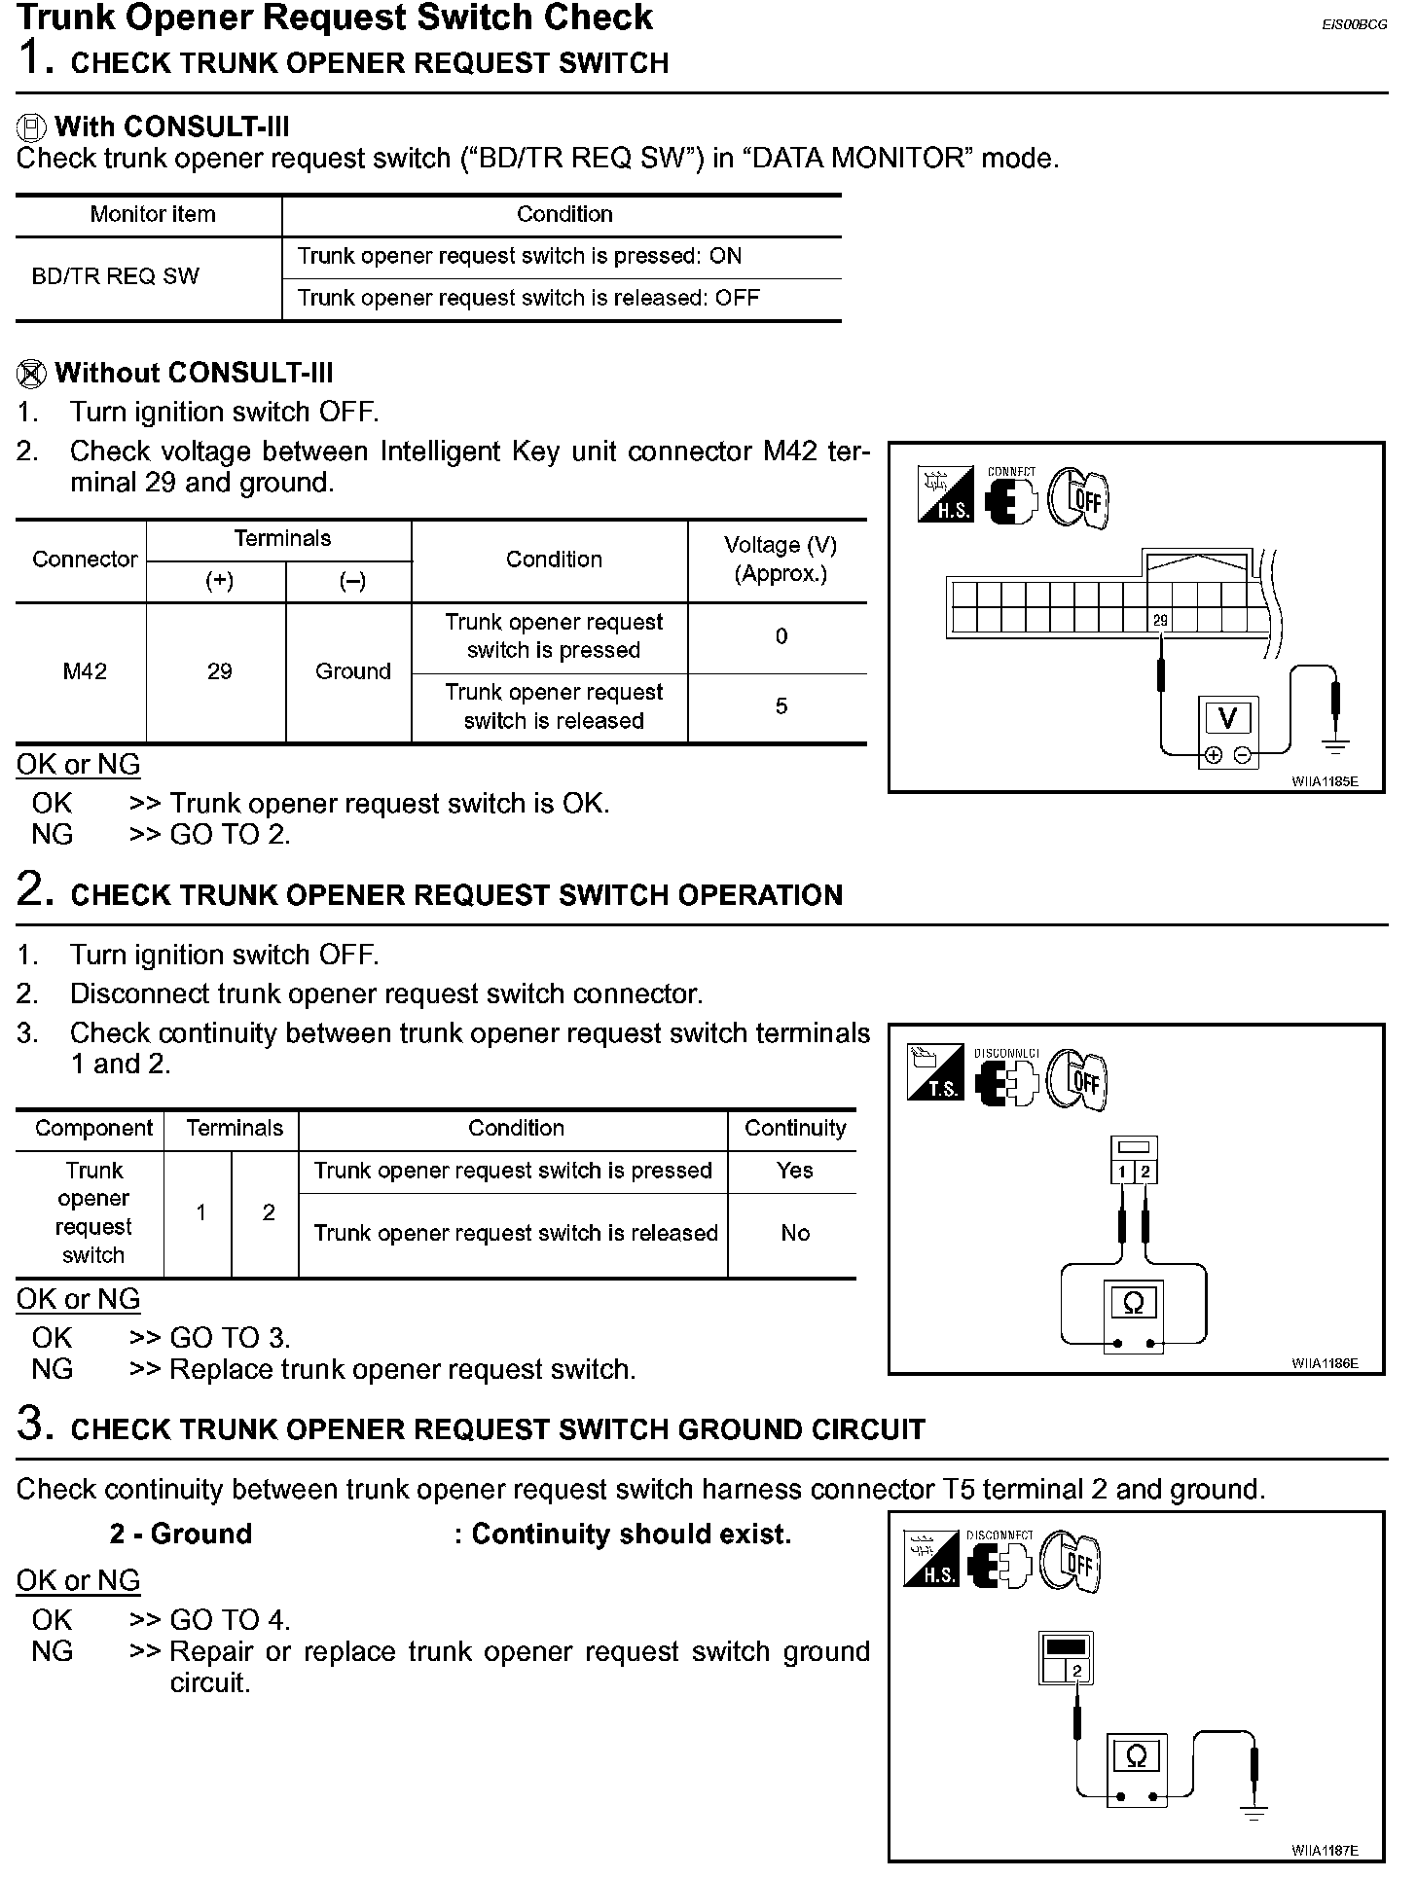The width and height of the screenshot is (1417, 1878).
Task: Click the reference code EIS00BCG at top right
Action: pyautogui.click(x=1354, y=25)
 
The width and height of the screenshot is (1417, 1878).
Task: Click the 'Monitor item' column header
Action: pyautogui.click(x=153, y=214)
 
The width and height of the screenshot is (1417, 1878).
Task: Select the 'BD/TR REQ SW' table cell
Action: pyautogui.click(x=115, y=276)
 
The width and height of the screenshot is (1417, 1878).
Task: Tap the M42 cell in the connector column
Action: pyautogui.click(x=85, y=671)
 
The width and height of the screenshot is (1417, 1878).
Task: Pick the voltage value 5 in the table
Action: pyautogui.click(x=781, y=706)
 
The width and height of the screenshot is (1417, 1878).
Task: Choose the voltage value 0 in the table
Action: pyautogui.click(x=781, y=636)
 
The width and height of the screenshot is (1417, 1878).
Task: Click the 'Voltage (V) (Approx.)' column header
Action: pyautogui.click(x=781, y=560)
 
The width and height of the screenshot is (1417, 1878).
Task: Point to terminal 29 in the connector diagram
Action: pyautogui.click(x=1160, y=620)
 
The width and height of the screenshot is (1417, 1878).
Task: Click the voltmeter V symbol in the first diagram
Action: pyautogui.click(x=1227, y=718)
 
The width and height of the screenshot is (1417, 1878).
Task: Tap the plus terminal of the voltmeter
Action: pyautogui.click(x=1213, y=755)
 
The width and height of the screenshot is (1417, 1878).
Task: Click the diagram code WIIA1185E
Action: pyautogui.click(x=1325, y=781)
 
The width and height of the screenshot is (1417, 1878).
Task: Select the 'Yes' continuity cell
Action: pyautogui.click(x=794, y=1171)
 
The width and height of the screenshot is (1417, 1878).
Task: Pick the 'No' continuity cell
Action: pyautogui.click(x=794, y=1233)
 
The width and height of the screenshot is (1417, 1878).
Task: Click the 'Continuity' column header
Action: pyautogui.click(x=794, y=1128)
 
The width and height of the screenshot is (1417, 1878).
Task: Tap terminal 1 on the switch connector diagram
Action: pyautogui.click(x=1122, y=1172)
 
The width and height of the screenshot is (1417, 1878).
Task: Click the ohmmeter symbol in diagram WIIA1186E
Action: pyautogui.click(x=1134, y=1302)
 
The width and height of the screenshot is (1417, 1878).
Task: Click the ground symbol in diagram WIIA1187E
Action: pyautogui.click(x=1254, y=1813)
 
